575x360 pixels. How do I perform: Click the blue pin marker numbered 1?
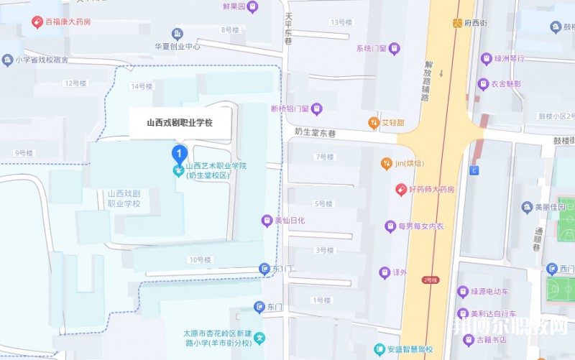[x=178, y=152]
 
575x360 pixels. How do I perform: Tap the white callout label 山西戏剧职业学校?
[x=179, y=123]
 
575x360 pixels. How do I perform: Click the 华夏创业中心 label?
[x=177, y=46]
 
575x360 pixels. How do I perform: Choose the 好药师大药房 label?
[x=431, y=190]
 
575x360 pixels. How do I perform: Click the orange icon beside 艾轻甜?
[x=374, y=122]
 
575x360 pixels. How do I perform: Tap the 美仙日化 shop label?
[x=290, y=221]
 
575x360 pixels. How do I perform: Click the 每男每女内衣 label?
[x=421, y=226]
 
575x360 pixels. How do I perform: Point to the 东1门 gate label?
[x=284, y=269]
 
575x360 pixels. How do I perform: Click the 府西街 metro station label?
[x=474, y=23]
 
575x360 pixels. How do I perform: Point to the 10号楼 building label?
[x=201, y=259]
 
